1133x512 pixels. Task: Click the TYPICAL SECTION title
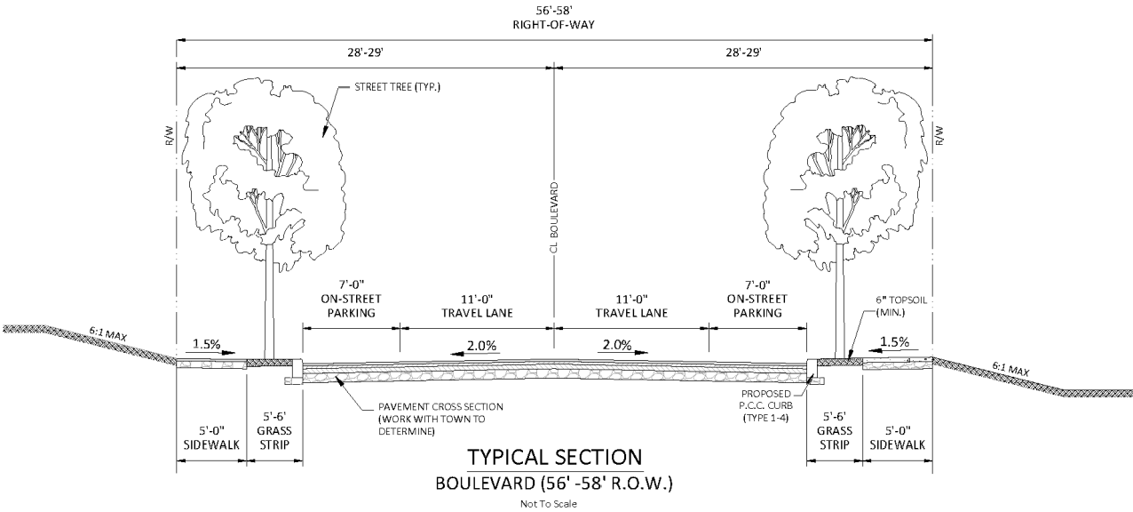554,458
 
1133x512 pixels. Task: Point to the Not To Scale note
553,503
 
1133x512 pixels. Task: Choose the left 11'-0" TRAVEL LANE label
480,306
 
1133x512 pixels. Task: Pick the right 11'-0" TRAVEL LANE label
630,306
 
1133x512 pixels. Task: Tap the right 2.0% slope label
617,344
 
